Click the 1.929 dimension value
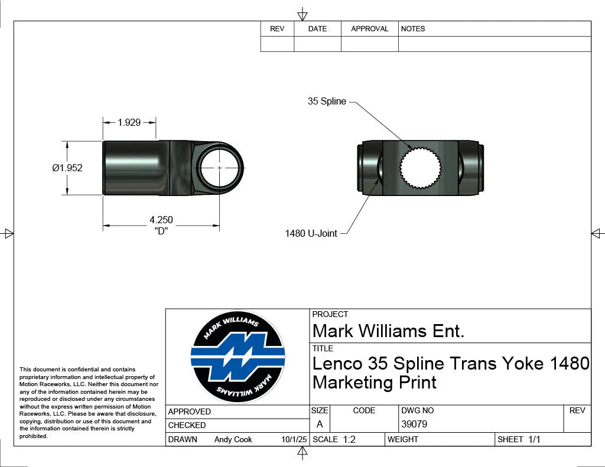coord(129,122)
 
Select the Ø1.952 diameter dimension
coord(67,168)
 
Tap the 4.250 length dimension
coord(161,220)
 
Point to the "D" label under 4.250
coord(161,231)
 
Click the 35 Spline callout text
coord(327,102)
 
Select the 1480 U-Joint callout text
coord(311,234)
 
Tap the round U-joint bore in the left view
coord(220,168)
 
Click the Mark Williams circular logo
coord(238,357)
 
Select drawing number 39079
coord(414,424)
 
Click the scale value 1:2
coord(349,439)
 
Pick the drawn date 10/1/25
coord(294,439)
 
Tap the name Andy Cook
coord(233,439)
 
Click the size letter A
coord(320,424)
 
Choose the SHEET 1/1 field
coord(519,439)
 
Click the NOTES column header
coord(412,28)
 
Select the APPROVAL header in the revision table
coord(369,28)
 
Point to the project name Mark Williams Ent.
coord(388,331)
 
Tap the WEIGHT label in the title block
coord(403,439)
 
